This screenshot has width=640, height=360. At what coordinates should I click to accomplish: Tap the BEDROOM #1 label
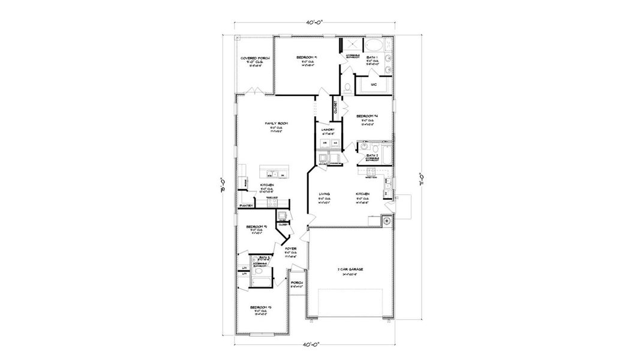pos(307,58)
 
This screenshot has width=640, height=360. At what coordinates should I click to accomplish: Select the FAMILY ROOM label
pos(277,124)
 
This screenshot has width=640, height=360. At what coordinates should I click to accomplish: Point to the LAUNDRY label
pos(327,129)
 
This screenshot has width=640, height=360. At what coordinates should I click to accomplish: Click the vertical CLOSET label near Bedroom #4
pos(335,108)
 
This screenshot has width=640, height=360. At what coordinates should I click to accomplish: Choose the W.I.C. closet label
pos(373,85)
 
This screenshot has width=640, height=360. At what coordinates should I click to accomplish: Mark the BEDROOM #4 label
pos(366,116)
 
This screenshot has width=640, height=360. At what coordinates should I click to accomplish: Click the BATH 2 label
pos(372,155)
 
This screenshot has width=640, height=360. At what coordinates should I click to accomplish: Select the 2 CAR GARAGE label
pos(350,269)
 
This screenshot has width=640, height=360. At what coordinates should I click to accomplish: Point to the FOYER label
pos(291,248)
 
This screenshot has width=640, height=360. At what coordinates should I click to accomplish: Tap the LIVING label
pos(324,194)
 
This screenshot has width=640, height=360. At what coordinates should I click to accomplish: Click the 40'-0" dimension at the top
pos(313,22)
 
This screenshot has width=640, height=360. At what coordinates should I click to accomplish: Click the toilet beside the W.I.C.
pos(347,88)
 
